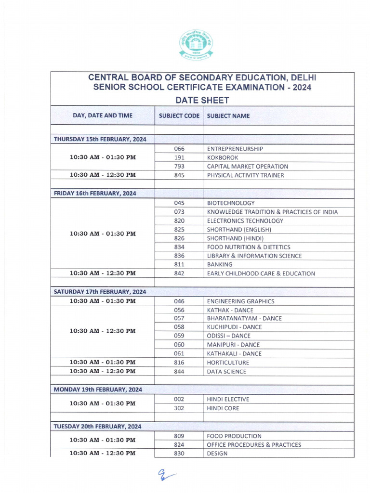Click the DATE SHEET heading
coord(202,100)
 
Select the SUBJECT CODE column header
coord(179,116)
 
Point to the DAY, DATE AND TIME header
coord(103,116)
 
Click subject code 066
coord(179,149)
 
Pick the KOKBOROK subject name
coord(223,157)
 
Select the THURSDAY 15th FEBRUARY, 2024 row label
coord(100,139)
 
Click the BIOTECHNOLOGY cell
coord(231,203)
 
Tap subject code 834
coord(179,247)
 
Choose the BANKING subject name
coord(220,264)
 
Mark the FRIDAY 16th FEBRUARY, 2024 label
coord(95,193)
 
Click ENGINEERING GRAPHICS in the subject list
coord(240,301)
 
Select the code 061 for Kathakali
coord(179,353)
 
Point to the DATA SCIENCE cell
coord(226,371)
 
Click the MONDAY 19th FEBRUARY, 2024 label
coord(98,389)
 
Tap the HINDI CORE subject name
coord(223,408)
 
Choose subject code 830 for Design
coord(179,454)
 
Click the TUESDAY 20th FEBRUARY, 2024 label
coord(98,426)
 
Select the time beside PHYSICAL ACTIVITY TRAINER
coord(103,175)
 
